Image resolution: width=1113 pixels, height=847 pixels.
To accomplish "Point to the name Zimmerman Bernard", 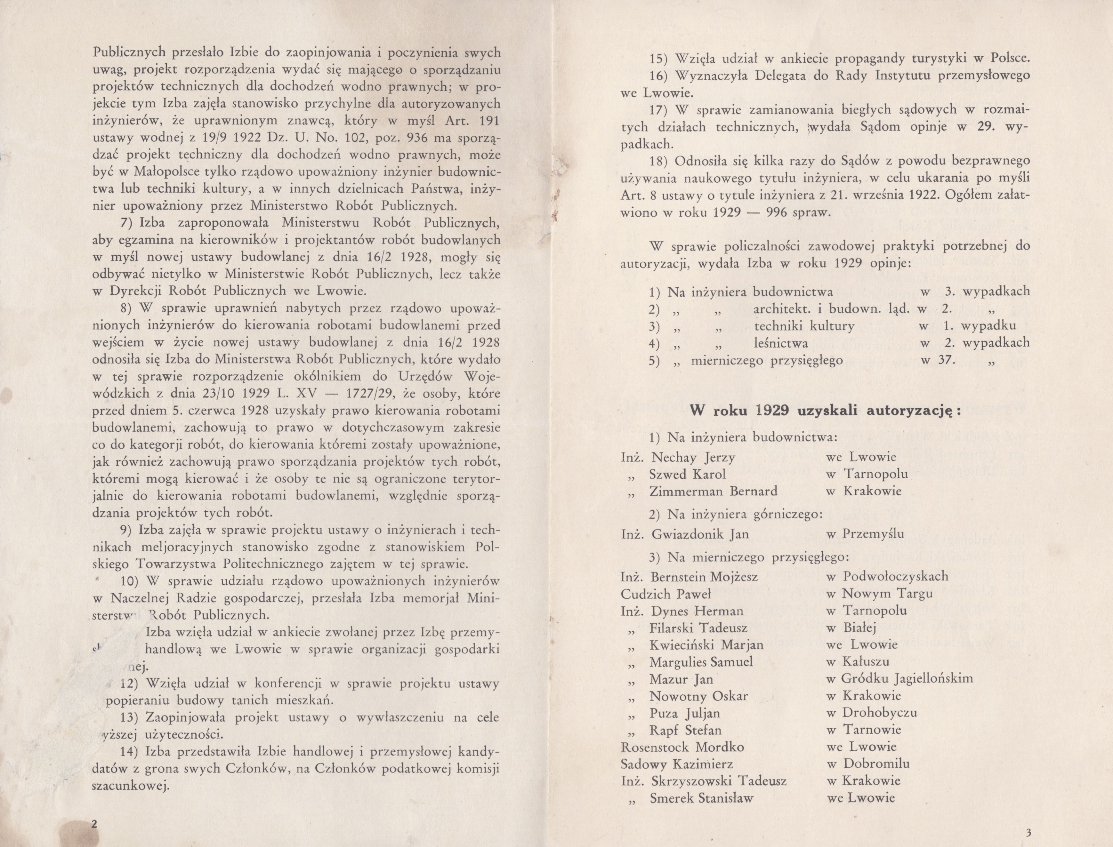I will [x=713, y=491].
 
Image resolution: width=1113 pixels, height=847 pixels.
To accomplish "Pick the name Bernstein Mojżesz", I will [x=704, y=577].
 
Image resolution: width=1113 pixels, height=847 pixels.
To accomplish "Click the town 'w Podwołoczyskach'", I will [x=888, y=576].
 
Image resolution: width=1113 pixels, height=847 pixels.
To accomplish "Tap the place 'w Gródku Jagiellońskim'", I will [x=900, y=679].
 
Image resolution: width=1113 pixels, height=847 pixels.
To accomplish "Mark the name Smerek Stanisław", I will [x=701, y=798].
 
